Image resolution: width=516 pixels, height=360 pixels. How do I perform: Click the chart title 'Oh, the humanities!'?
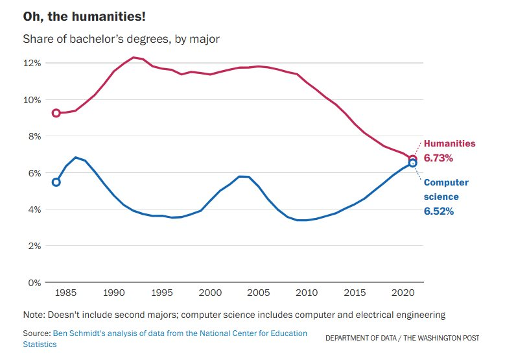pyautogui.click(x=80, y=16)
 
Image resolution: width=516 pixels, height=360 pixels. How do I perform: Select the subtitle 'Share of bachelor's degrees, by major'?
pyautogui.click(x=121, y=40)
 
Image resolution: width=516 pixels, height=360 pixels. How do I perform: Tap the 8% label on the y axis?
pyautogui.click(x=34, y=136)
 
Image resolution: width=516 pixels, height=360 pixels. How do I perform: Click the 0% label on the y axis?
pyautogui.click(x=34, y=283)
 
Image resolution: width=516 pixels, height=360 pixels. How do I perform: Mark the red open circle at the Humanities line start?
pyautogui.click(x=56, y=113)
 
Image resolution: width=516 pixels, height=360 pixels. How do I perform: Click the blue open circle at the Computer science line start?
pyautogui.click(x=56, y=182)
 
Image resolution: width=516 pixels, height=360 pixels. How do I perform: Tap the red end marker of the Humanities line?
pyautogui.click(x=413, y=159)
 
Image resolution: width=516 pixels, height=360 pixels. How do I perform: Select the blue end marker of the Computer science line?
pyautogui.click(x=413, y=163)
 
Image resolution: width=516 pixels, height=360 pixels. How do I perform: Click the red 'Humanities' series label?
pyautogui.click(x=449, y=143)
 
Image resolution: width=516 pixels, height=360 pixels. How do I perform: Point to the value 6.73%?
pyautogui.click(x=439, y=158)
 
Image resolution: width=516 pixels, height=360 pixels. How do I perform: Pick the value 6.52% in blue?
pyautogui.click(x=439, y=211)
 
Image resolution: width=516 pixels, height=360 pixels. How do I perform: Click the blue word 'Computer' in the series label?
pyautogui.click(x=446, y=182)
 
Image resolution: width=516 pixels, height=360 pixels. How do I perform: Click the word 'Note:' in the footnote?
pyautogui.click(x=34, y=315)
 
